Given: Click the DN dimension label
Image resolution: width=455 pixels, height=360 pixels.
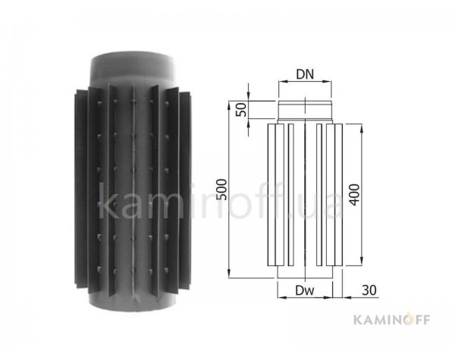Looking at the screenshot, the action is [x=305, y=74].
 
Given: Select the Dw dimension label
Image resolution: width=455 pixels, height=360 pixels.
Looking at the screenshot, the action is [x=305, y=290].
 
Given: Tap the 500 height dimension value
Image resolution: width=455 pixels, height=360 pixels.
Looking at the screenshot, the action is [x=222, y=189].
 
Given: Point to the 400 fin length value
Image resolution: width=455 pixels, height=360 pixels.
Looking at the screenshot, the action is [x=354, y=195].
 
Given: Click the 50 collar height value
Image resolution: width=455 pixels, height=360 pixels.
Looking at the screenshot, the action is [x=241, y=110].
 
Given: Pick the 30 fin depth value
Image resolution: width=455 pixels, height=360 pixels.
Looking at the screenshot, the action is [x=369, y=290].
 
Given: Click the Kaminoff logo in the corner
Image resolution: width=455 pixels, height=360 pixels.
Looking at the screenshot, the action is [x=391, y=320].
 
